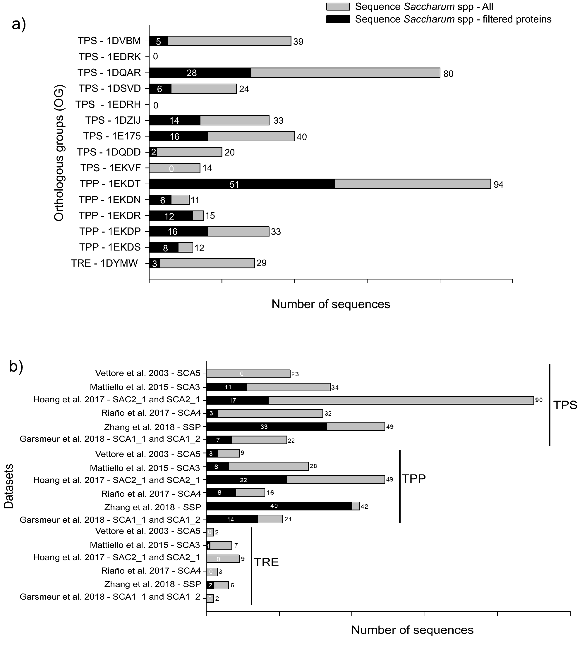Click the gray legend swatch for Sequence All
[x=338, y=7]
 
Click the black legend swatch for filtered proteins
[x=338, y=19]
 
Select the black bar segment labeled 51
[x=242, y=184]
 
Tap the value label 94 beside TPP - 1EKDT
[x=498, y=185]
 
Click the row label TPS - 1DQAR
[x=109, y=73]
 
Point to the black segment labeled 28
[x=200, y=73]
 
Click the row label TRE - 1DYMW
[x=104, y=263]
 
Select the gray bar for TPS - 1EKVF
[x=174, y=168]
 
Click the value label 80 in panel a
[x=448, y=74]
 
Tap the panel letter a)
[x=19, y=24]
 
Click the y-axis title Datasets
[x=9, y=486]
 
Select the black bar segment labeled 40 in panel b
[x=279, y=506]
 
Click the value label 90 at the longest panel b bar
[x=539, y=400]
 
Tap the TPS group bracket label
[x=565, y=405]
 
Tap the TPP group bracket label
[x=414, y=479]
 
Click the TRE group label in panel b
[x=266, y=562]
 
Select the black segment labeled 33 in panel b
[x=266, y=427]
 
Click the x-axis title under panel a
[x=331, y=304]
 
